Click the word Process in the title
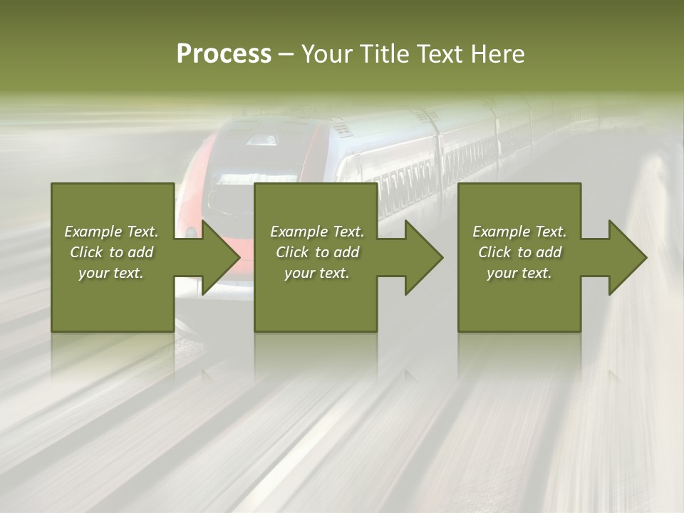(224, 53)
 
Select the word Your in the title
(327, 53)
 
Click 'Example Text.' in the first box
(111, 232)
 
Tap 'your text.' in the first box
(111, 273)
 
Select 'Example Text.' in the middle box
(317, 232)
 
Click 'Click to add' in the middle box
(317, 252)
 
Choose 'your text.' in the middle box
(317, 273)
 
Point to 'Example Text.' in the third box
(519, 232)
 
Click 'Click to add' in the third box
(519, 252)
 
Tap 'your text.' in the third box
(519, 273)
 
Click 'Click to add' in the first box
(111, 252)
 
